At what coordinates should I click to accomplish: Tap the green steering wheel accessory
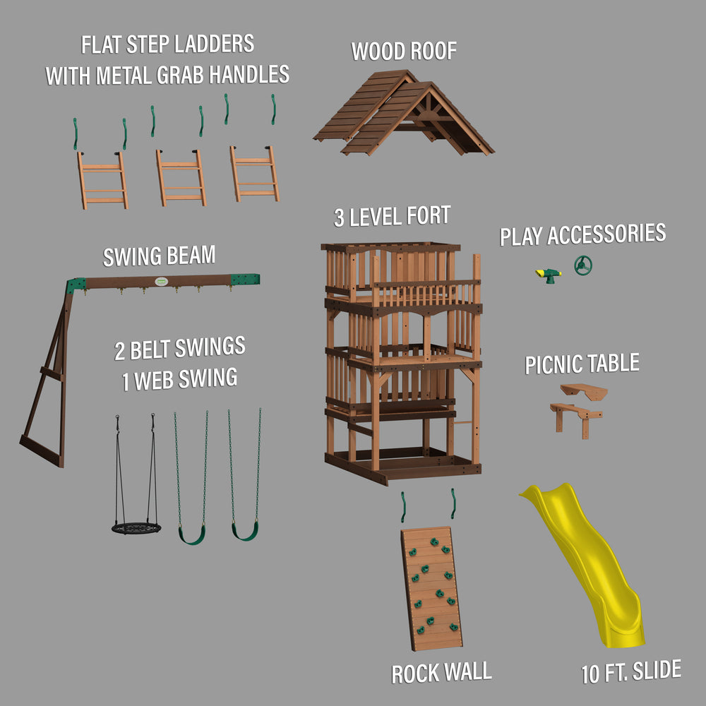pyautogui.click(x=583, y=265)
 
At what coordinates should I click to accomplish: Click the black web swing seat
pyautogui.click(x=136, y=527)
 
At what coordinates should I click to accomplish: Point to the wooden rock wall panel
pyautogui.click(x=432, y=589)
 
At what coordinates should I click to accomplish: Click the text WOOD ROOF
pyautogui.click(x=404, y=50)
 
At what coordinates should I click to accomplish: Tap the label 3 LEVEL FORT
pyautogui.click(x=392, y=216)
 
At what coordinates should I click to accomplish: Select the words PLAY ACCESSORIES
pyautogui.click(x=582, y=234)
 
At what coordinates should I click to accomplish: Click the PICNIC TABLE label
pyautogui.click(x=582, y=364)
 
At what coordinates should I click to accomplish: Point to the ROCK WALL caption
pyautogui.click(x=442, y=673)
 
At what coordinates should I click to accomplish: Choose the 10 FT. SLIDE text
pyautogui.click(x=631, y=672)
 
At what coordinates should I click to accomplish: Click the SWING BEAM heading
pyautogui.click(x=159, y=256)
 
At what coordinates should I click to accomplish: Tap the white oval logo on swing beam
pyautogui.click(x=161, y=282)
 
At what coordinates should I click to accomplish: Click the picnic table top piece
pyautogui.click(x=584, y=391)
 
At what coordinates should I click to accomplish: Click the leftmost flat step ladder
pyautogui.click(x=102, y=181)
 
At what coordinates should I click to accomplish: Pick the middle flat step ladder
pyautogui.click(x=181, y=178)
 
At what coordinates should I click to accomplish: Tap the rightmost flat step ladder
pyautogui.click(x=254, y=174)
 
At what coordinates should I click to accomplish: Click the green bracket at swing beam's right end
pyautogui.click(x=246, y=279)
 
